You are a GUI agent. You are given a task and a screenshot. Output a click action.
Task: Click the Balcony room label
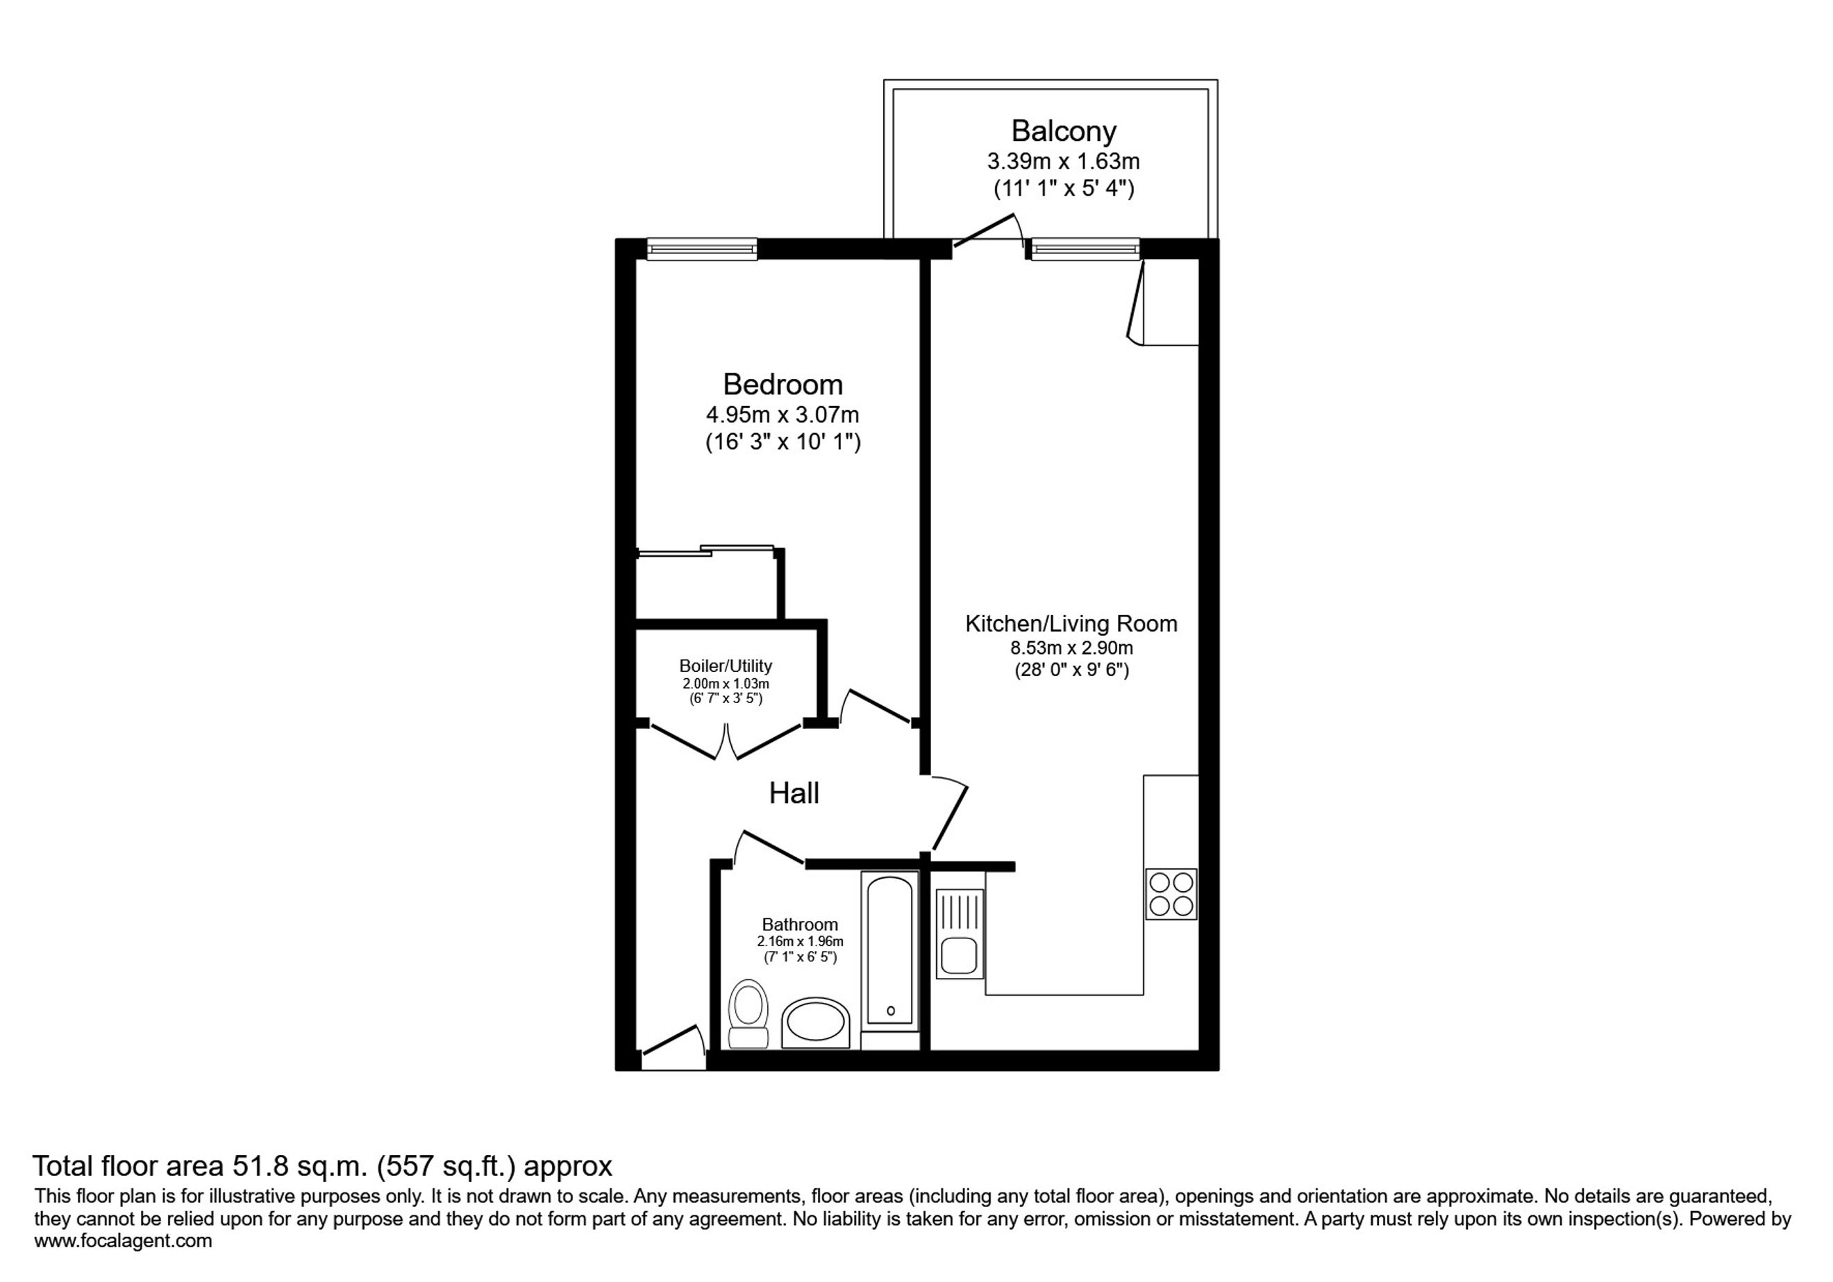click(1064, 130)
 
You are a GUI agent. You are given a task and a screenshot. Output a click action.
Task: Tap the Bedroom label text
click(782, 385)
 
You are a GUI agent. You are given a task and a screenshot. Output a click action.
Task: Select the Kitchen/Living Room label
click(1071, 623)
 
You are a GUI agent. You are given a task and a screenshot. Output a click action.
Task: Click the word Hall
click(794, 793)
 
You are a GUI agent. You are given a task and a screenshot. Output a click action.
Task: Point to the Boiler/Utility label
click(726, 666)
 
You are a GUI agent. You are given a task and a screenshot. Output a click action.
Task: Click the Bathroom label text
click(800, 925)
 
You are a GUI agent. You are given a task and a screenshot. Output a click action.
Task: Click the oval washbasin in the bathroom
click(816, 1022)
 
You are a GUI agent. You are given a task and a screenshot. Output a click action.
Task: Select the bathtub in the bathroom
click(890, 950)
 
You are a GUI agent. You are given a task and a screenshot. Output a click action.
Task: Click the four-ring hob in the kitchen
click(1171, 893)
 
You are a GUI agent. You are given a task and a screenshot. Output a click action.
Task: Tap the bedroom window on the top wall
click(702, 250)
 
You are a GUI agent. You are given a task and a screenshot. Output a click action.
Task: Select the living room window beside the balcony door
click(1085, 250)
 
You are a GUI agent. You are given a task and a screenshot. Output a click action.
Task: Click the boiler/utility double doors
click(726, 741)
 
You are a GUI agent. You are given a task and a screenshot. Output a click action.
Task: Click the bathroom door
click(769, 847)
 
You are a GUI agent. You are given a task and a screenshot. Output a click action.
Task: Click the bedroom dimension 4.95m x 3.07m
click(782, 415)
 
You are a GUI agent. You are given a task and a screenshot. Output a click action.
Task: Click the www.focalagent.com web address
click(123, 1241)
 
